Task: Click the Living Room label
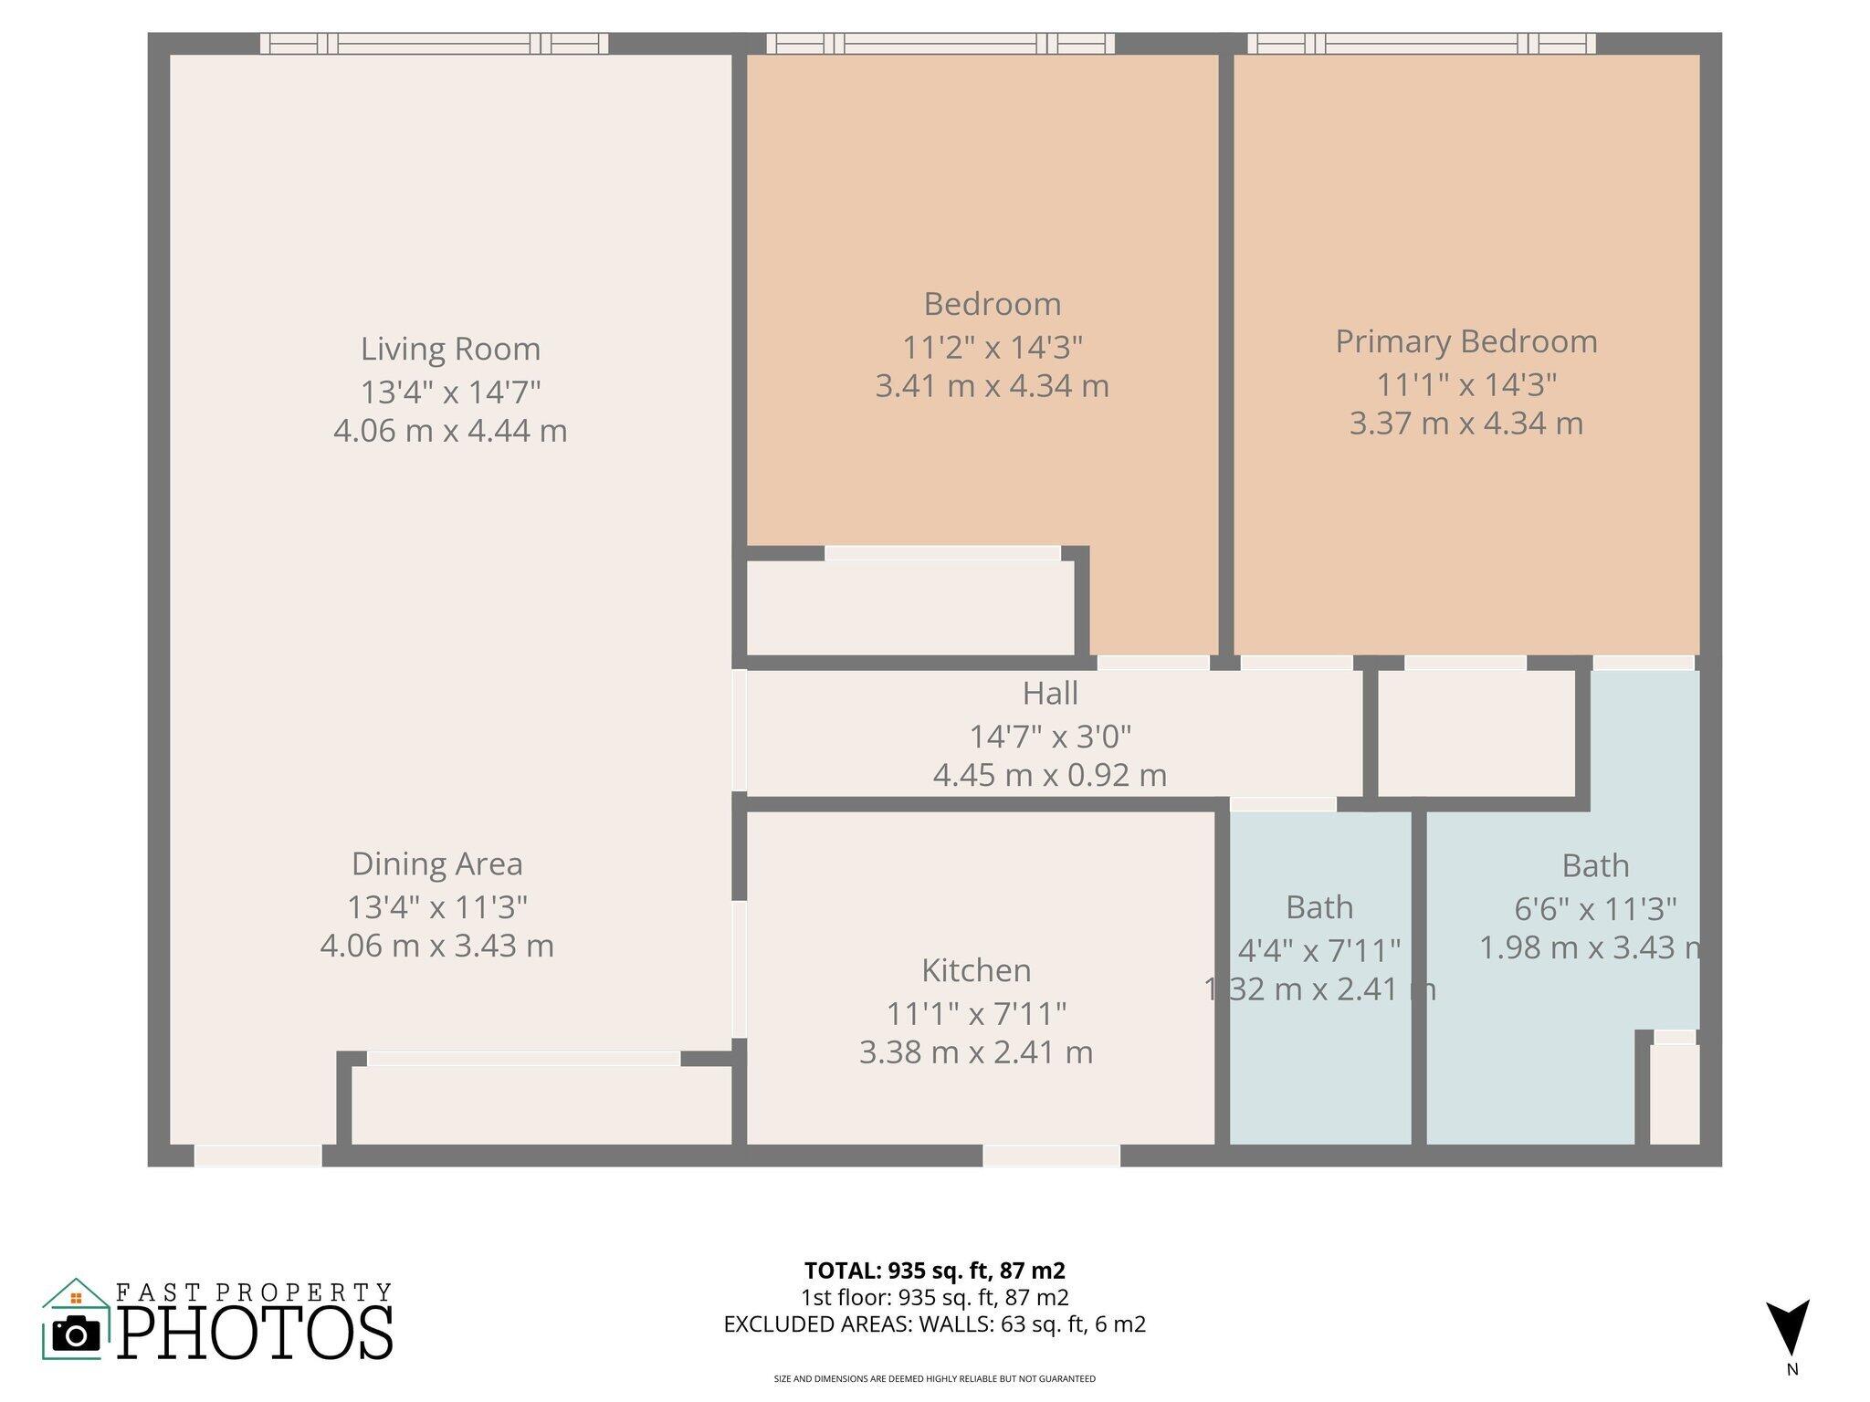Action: (x=450, y=349)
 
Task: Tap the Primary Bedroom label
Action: (x=1466, y=341)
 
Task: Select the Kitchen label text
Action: (x=975, y=969)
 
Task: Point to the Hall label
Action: (x=1049, y=693)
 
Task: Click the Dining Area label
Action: (x=436, y=863)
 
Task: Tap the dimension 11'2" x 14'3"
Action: (x=992, y=347)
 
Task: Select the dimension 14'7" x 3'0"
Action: (x=1049, y=736)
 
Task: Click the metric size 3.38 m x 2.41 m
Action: (x=975, y=1052)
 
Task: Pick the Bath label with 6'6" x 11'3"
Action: (x=1594, y=865)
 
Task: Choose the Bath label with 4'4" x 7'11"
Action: (x=1318, y=907)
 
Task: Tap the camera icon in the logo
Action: (x=76, y=1334)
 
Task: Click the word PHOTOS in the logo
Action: (x=255, y=1333)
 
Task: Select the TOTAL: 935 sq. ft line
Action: (x=934, y=1271)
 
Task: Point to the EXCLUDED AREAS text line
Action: (x=934, y=1324)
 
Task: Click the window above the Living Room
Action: (x=434, y=43)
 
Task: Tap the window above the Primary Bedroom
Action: (x=1422, y=43)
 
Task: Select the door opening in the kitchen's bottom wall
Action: (x=1051, y=1156)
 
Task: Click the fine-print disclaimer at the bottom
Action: (x=934, y=1379)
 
